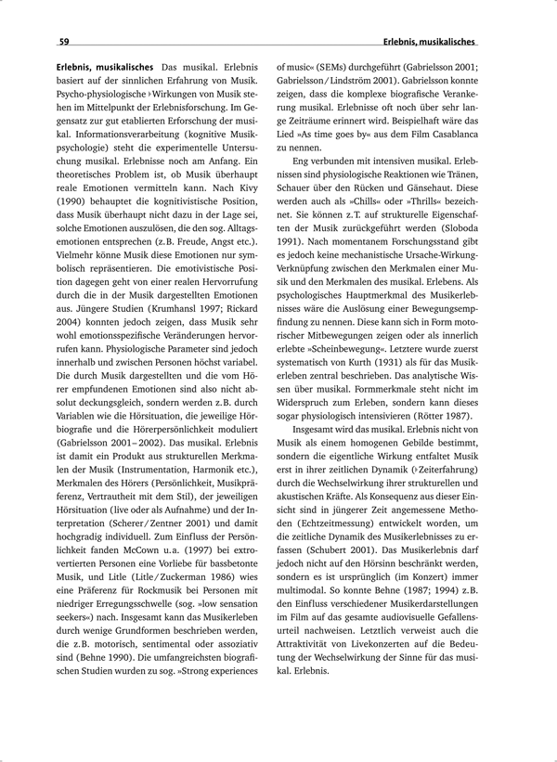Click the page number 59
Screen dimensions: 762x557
64,42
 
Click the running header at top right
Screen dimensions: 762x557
429,42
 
